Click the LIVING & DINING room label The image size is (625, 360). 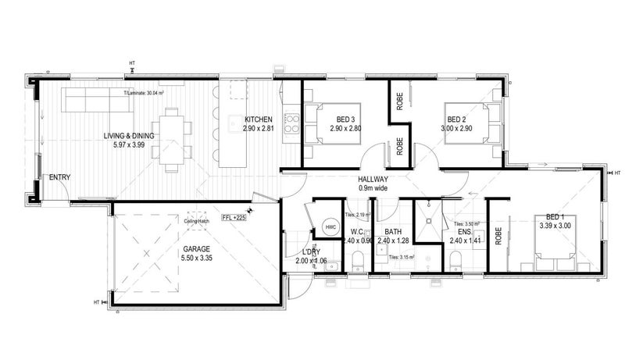click(x=129, y=136)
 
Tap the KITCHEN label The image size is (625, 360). click(x=258, y=119)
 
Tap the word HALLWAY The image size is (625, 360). click(x=373, y=179)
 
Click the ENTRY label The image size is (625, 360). click(x=59, y=177)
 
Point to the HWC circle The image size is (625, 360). click(x=328, y=227)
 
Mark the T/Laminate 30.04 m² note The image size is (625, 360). click(x=147, y=93)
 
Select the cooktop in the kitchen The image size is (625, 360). click(x=291, y=122)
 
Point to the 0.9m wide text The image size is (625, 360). click(x=373, y=188)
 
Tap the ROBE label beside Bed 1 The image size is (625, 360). click(x=498, y=237)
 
